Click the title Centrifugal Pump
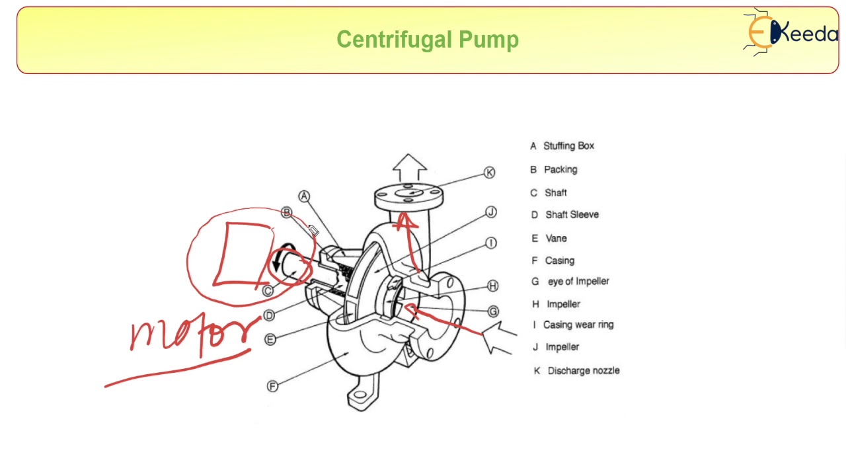click(428, 40)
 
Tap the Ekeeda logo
click(790, 32)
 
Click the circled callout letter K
click(489, 173)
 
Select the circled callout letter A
click(303, 196)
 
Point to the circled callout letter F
click(272, 386)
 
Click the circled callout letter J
click(490, 212)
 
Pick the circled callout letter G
click(493, 311)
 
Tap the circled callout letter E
click(270, 339)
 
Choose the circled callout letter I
click(490, 243)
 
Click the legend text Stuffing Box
click(568, 145)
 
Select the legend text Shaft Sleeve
click(572, 215)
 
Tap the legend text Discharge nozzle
click(583, 371)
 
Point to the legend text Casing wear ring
click(578, 325)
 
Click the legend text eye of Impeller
click(578, 282)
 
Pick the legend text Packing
click(560, 170)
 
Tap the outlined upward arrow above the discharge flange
click(409, 167)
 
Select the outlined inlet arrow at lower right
click(500, 337)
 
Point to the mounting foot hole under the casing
click(359, 396)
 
